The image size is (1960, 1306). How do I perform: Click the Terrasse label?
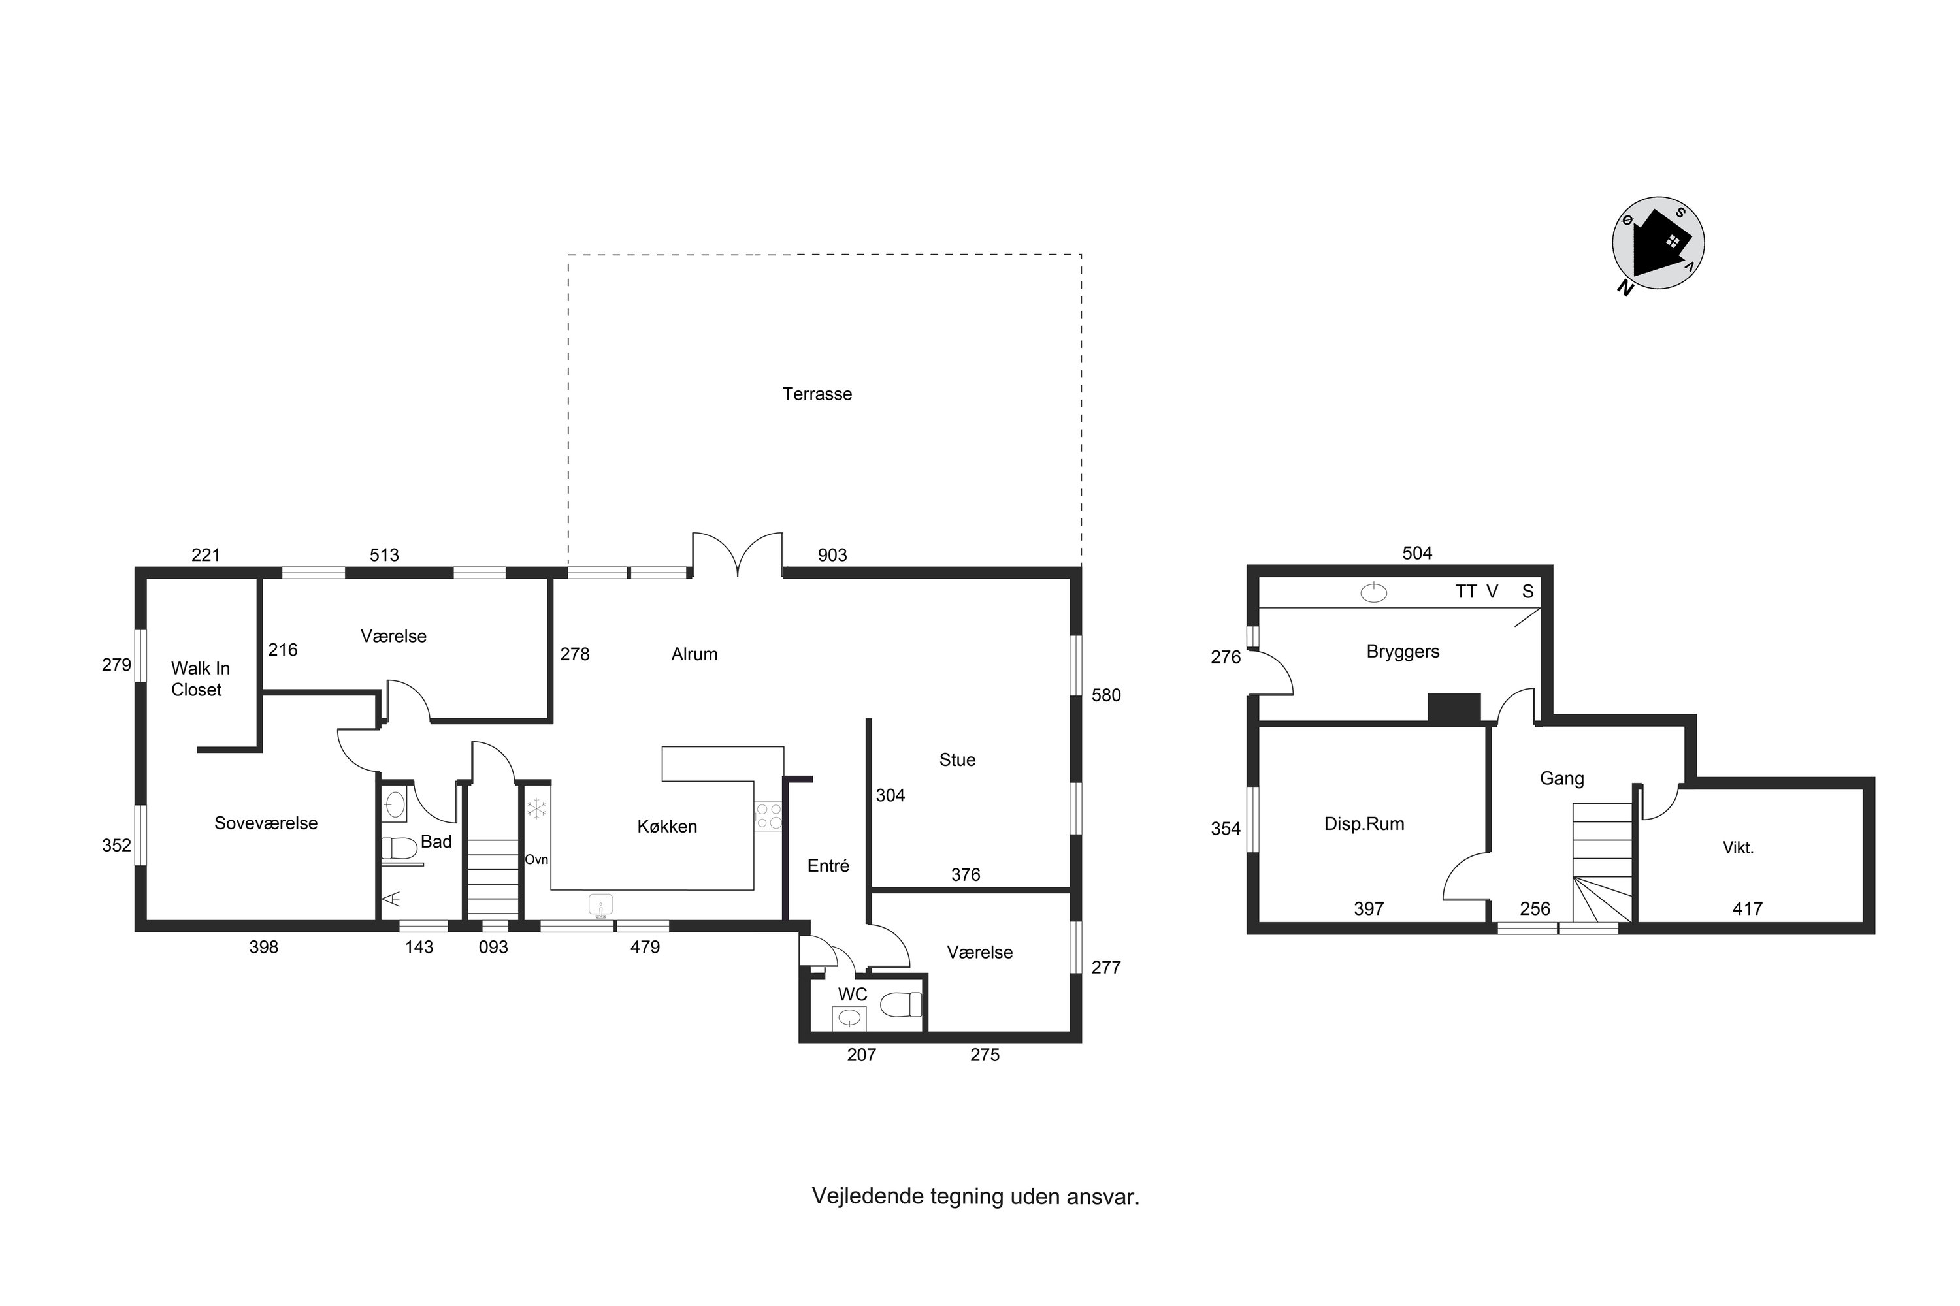pos(817,394)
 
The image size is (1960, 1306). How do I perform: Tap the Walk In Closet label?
pos(200,679)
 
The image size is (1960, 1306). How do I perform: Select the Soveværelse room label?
pos(266,823)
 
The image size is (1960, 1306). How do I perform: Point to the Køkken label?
pos(666,826)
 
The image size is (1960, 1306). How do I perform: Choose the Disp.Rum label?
pos(1364,823)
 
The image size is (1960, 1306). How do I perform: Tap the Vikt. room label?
pos(1739,848)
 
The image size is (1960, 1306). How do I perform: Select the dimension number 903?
pos(832,554)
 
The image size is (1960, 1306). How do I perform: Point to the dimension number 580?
pos(1106,695)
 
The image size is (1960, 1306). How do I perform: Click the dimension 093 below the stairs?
pos(493,947)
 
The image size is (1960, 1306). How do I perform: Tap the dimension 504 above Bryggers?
pos(1416,553)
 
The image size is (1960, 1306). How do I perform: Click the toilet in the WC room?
pos(901,1004)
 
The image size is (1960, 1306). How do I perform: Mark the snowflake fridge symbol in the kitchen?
pos(536,808)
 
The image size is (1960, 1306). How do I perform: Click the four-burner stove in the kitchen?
pos(768,816)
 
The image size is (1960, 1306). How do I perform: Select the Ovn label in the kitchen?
pos(536,859)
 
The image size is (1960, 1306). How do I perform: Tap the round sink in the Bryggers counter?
pos(1373,593)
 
